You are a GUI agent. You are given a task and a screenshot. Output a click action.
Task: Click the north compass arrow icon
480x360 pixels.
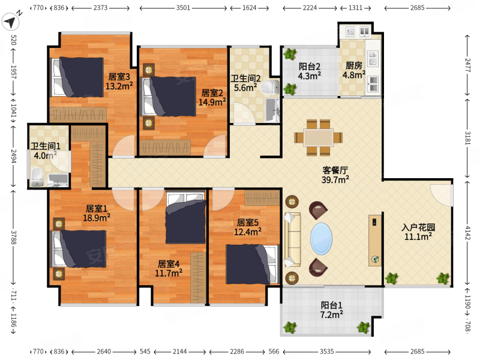(x=10, y=22)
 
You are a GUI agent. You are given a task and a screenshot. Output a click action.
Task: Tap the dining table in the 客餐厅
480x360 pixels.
(x=319, y=138)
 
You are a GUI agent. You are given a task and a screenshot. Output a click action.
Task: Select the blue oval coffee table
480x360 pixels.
(x=321, y=238)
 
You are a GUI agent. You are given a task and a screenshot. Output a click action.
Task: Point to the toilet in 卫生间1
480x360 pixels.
(x=37, y=176)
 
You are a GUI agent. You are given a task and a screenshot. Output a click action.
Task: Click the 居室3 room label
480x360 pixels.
(x=119, y=77)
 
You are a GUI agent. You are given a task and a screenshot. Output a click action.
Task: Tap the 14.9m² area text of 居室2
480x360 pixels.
(x=212, y=102)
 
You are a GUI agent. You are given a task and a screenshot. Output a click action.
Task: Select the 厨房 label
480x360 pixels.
(x=354, y=65)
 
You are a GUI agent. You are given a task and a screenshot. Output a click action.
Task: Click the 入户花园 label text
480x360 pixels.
(x=418, y=227)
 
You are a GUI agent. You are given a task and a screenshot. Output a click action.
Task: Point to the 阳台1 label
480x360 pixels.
(x=332, y=305)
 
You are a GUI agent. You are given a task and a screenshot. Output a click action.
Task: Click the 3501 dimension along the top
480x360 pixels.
(x=183, y=8)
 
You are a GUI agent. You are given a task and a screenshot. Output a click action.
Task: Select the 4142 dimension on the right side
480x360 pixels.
(x=468, y=232)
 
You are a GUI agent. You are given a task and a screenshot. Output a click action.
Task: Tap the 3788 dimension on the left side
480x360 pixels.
(x=13, y=237)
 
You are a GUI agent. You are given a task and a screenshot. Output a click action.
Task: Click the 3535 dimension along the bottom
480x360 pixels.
(x=326, y=352)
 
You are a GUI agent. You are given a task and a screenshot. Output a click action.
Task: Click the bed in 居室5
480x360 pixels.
(x=253, y=264)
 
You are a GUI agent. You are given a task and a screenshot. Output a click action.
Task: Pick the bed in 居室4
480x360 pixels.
(x=185, y=217)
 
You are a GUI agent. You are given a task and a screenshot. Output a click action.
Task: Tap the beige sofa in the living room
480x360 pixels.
(x=293, y=239)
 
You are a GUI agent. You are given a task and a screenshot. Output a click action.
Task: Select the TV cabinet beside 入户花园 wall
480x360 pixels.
(x=375, y=241)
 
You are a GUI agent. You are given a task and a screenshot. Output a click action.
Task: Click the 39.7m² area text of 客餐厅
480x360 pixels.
(x=335, y=179)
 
